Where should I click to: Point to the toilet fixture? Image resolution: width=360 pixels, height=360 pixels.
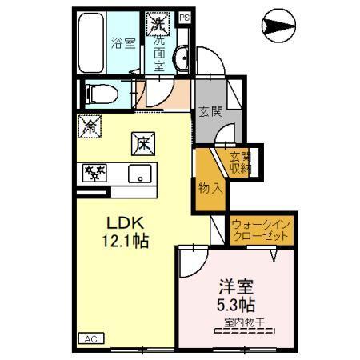coord(102,94)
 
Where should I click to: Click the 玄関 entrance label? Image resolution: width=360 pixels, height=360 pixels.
coord(211,111)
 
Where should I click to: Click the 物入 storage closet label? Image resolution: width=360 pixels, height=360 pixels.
coord(210,188)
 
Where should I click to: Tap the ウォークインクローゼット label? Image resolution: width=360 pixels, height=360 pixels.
coord(262,232)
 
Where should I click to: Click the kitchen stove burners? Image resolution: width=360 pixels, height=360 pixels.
coord(95,172)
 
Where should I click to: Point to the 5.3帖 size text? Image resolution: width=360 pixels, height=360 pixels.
coord(236,305)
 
